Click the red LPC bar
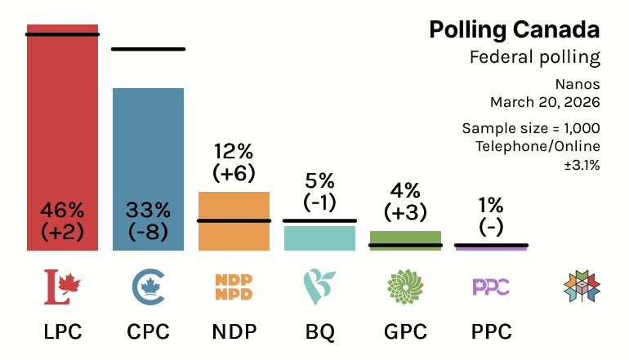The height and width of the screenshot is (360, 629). [x=62, y=122]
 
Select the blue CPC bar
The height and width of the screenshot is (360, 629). [x=148, y=147]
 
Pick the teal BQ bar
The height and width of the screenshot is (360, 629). [x=319, y=238]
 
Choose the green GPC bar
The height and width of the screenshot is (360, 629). [x=405, y=239]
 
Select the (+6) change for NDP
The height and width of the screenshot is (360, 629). [x=234, y=173]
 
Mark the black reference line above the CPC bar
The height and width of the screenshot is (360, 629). [x=148, y=50]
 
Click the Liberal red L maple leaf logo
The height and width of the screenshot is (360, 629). [x=62, y=287]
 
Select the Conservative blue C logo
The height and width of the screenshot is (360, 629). [x=148, y=287]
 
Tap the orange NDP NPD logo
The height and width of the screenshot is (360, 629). [x=234, y=287]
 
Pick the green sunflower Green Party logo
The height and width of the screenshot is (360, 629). [x=405, y=287]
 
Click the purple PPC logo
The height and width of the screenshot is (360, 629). [x=491, y=287]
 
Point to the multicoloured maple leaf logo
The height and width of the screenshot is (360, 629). [x=582, y=287]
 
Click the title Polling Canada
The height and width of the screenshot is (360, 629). [x=514, y=30]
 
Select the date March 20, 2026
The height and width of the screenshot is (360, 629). [x=545, y=103]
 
